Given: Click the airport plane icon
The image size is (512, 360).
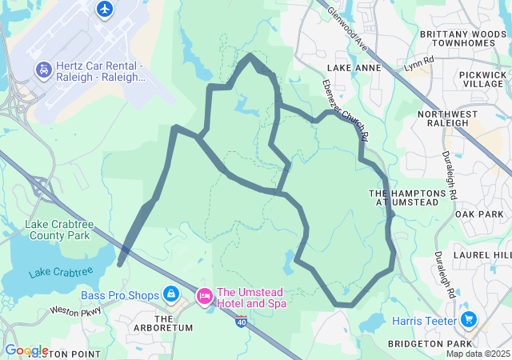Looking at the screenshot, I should coord(105,9).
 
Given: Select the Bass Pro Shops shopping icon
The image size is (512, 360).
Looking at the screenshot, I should coord(170,295).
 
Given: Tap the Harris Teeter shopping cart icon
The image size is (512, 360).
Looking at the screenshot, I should coord(469,321).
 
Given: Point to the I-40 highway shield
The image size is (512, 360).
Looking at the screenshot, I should coord(242,320).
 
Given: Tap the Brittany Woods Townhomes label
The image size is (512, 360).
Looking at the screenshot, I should coord(462,39).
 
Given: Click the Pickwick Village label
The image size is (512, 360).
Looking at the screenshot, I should coord(482,78).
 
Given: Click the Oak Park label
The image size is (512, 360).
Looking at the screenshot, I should coord(478,214).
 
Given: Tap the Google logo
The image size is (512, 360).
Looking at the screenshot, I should coord(26,350).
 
